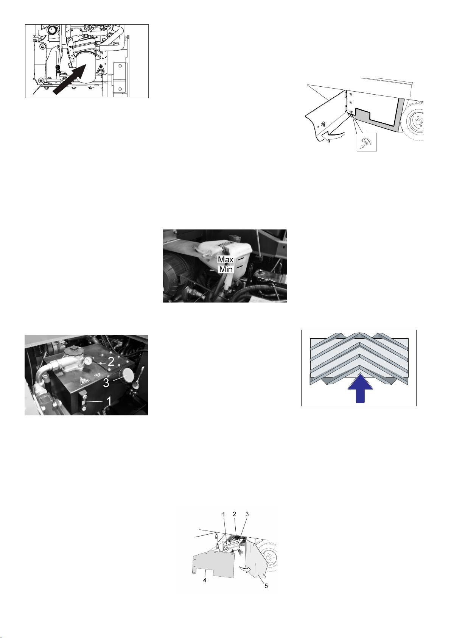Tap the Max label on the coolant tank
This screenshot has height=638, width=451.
(x=225, y=259)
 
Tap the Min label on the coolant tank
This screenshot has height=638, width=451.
(x=226, y=269)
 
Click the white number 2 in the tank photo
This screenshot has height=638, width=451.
(x=110, y=362)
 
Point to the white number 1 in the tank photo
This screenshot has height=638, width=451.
(x=109, y=402)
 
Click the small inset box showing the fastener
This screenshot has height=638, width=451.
(x=367, y=142)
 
